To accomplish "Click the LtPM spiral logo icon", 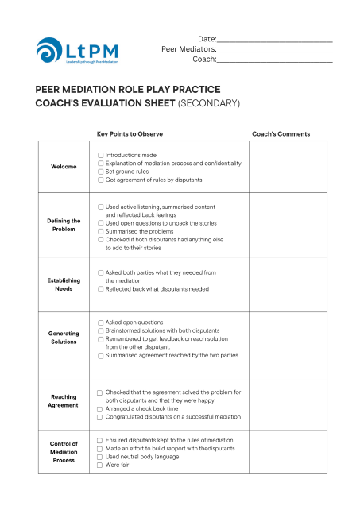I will (x=51, y=50).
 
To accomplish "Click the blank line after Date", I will (x=274, y=40).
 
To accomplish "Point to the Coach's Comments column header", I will (x=281, y=133).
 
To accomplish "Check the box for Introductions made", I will (x=100, y=155).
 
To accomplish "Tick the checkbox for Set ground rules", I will (x=100, y=172).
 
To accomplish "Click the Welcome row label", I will (x=64, y=167).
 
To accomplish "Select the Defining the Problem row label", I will (x=64, y=225).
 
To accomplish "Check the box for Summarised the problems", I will (x=100, y=231).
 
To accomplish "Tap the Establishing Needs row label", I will (x=64, y=284).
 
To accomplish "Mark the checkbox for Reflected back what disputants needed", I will (x=100, y=289).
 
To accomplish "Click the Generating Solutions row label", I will (x=64, y=338).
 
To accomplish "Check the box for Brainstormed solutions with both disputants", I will (x=100, y=330).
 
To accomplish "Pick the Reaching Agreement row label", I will (x=64, y=400).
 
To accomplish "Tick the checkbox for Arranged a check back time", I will (x=99, y=408).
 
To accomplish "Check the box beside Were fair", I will (x=99, y=465).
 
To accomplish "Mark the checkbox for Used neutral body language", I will (x=99, y=457).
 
